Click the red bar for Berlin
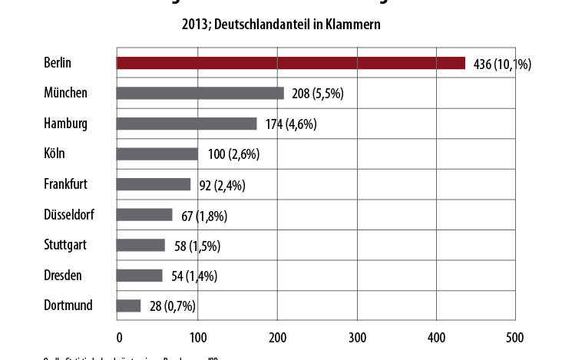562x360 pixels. click(x=290, y=63)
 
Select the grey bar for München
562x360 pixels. click(x=200, y=93)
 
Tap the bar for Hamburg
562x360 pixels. click(x=187, y=124)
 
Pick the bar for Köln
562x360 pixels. click(x=157, y=154)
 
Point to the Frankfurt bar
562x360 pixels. click(x=154, y=184)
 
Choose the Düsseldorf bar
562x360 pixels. click(x=144, y=214)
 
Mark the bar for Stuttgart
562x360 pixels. click(x=140, y=245)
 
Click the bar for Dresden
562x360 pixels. click(x=139, y=275)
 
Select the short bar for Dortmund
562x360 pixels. click(x=128, y=306)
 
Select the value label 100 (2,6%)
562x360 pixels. click(x=233, y=154)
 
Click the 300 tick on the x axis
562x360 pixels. click(x=357, y=338)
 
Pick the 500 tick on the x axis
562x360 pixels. click(x=515, y=338)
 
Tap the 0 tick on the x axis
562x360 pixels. click(x=119, y=338)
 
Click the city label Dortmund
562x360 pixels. click(x=68, y=306)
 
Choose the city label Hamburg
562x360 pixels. click(x=66, y=124)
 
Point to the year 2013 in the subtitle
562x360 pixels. click(x=192, y=25)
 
